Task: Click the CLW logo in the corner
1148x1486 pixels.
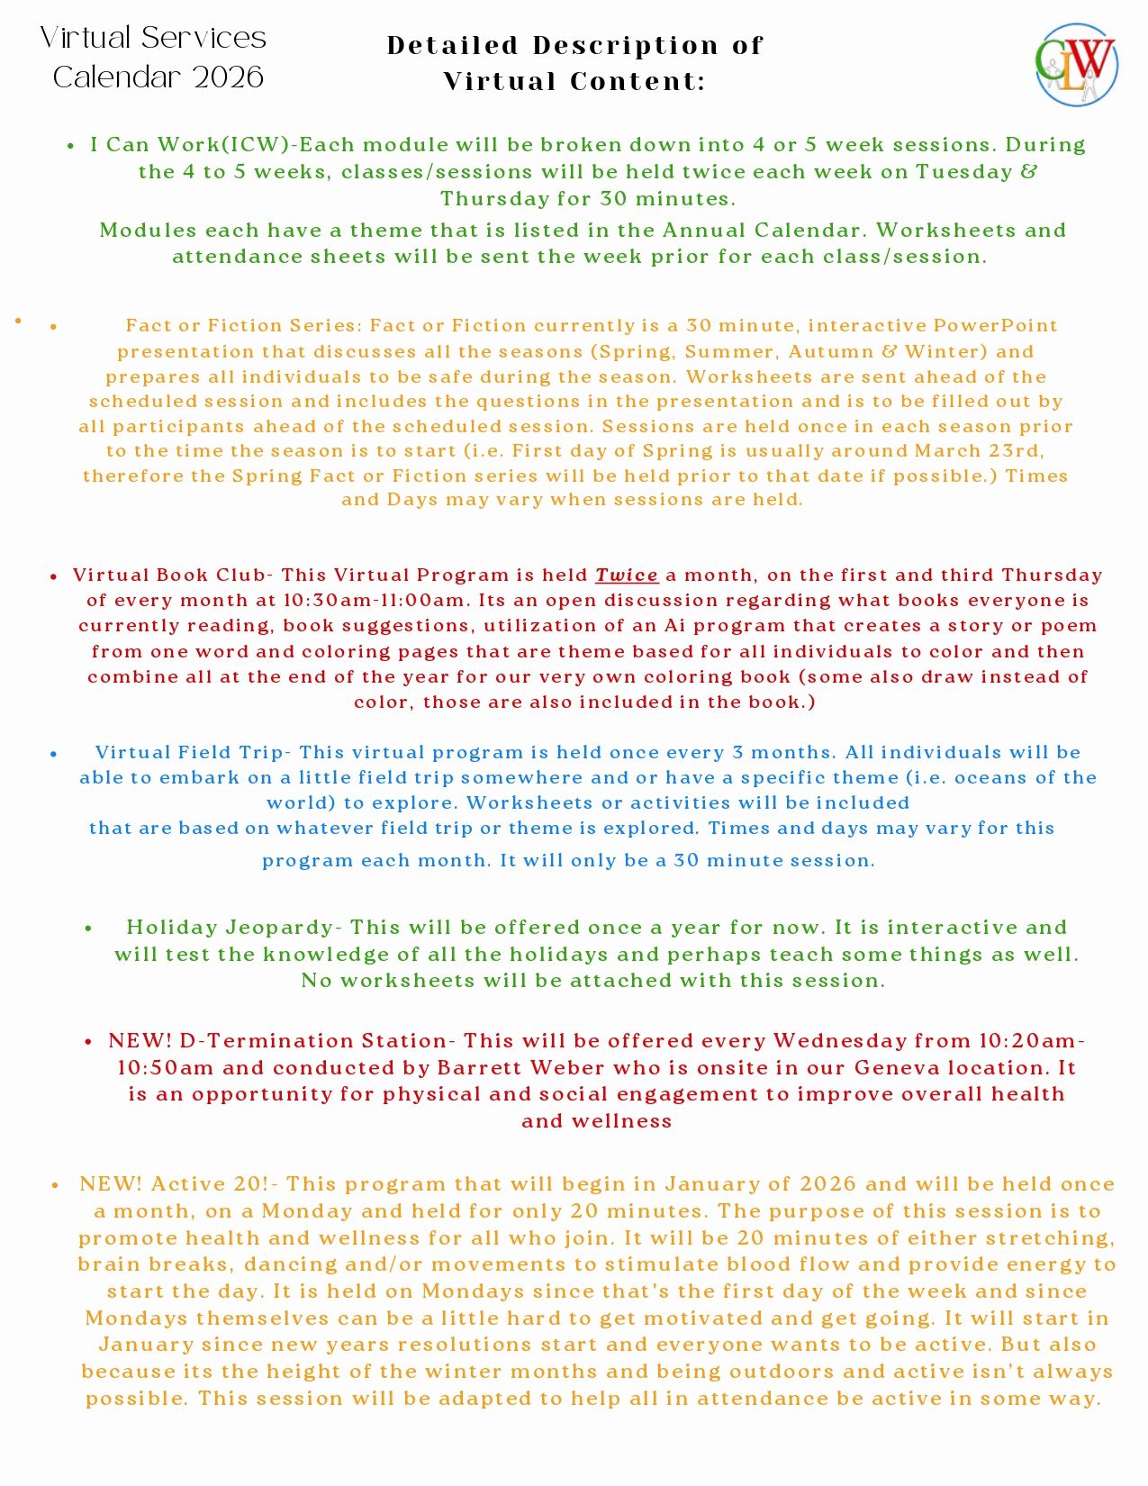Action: point(1076,65)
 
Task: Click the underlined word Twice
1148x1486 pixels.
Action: point(627,575)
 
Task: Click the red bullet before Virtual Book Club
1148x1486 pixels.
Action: point(54,576)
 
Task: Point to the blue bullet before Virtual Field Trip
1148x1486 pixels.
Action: point(54,754)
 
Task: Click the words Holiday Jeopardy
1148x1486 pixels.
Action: point(230,928)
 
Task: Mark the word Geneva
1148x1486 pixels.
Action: point(904,1068)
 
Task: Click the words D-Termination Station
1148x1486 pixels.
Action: point(313,1041)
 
